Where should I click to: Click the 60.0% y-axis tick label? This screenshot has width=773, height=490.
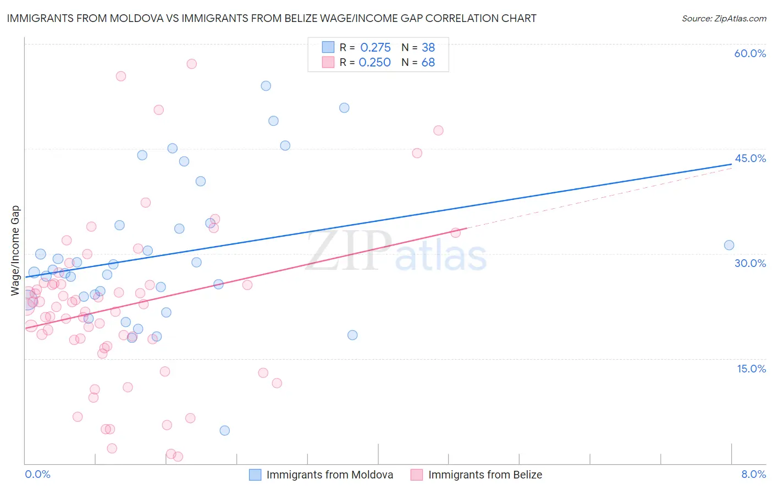pyautogui.click(x=750, y=53)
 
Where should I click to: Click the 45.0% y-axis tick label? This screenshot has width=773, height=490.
pyautogui.click(x=750, y=158)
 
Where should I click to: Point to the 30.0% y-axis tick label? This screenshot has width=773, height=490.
pyautogui.click(x=750, y=263)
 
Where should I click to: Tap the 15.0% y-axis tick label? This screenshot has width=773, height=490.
pyautogui.click(x=751, y=369)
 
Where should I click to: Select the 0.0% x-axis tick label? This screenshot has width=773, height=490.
pyautogui.click(x=37, y=474)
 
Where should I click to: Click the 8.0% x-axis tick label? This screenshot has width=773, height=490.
pyautogui.click(x=753, y=474)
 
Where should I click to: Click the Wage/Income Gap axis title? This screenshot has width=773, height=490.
pyautogui.click(x=15, y=250)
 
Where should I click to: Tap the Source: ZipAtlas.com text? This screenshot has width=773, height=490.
pyautogui.click(x=724, y=18)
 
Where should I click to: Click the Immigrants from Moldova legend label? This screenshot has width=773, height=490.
pyautogui.click(x=329, y=475)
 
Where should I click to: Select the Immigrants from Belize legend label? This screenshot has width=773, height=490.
pyautogui.click(x=485, y=475)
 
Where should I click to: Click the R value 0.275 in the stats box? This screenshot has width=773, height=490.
pyautogui.click(x=376, y=47)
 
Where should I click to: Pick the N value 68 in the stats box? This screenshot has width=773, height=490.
pyautogui.click(x=428, y=63)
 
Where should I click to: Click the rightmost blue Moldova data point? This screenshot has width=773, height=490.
pyautogui.click(x=729, y=245)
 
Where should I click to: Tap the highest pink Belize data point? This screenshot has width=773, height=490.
pyautogui.click(x=191, y=64)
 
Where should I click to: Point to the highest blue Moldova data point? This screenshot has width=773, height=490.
pyautogui.click(x=266, y=86)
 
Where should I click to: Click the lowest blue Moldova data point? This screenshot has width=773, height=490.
pyautogui.click(x=224, y=431)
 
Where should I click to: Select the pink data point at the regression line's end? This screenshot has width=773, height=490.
pyautogui.click(x=455, y=233)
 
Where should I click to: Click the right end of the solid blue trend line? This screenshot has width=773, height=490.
pyautogui.click(x=732, y=164)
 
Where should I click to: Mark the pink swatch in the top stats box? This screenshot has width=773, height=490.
pyautogui.click(x=328, y=62)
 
